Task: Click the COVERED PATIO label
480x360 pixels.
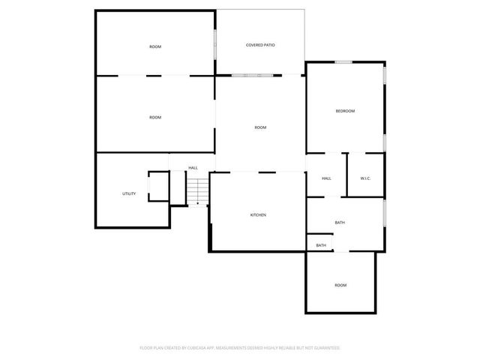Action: coord(260,46)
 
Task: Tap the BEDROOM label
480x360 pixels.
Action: coord(344,111)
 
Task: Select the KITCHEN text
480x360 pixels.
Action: coord(258,215)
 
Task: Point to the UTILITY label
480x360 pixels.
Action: coord(129,194)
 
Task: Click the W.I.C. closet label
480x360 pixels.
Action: coord(365,178)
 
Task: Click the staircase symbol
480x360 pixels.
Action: coord(196,191)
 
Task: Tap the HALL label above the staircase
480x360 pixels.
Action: coord(193,168)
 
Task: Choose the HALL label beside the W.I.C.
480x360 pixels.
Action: coord(326,178)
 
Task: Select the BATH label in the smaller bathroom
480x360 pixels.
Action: coord(321,245)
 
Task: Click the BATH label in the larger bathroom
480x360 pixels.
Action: coord(340,223)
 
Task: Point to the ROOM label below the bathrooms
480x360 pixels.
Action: coord(340,285)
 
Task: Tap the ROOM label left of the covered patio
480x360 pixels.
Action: coord(154,47)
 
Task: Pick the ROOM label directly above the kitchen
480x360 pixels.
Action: coord(260,127)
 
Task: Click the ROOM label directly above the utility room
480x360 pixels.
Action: coord(154,118)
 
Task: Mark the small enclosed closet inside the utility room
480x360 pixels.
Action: coord(158,186)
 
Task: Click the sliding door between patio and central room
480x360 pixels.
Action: coord(253,75)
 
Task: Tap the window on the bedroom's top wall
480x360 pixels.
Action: coord(343,61)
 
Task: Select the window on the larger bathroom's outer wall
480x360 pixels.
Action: coord(385,213)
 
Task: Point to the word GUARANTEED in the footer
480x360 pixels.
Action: coord(326,348)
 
